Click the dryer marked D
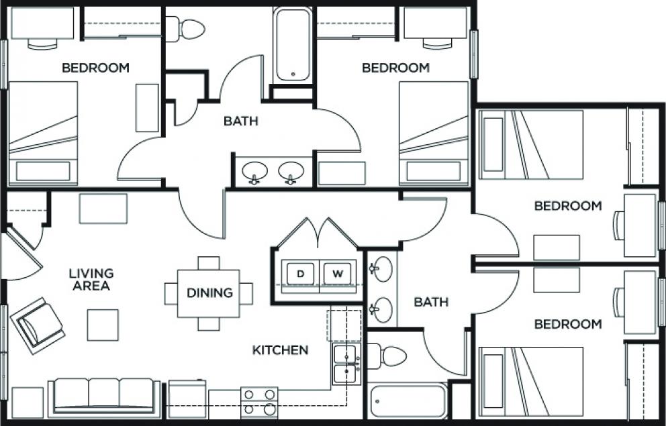(300, 274)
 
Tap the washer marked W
(337, 274)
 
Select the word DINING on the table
(209, 293)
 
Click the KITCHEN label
(281, 350)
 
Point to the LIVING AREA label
(91, 280)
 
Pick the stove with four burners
(259, 403)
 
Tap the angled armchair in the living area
(38, 325)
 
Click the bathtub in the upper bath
(293, 44)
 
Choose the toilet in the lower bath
(386, 356)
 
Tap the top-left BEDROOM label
(95, 68)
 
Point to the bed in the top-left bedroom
(43, 133)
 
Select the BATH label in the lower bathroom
(431, 303)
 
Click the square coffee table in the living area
(103, 325)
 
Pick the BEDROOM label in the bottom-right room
(568, 325)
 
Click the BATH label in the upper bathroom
(240, 121)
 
